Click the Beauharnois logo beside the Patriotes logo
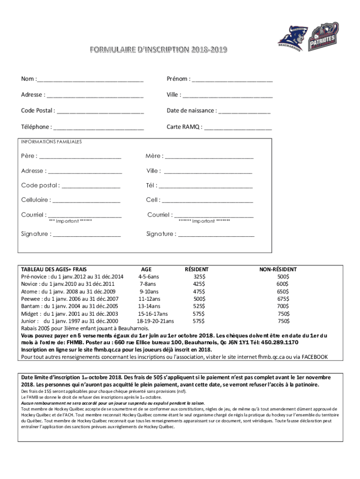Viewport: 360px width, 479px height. (x=291, y=38)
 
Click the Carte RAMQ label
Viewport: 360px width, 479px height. (x=185, y=127)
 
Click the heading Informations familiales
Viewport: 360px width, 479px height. (x=51, y=141)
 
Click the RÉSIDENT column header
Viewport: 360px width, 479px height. (x=197, y=269)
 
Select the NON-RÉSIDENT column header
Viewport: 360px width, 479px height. (x=278, y=269)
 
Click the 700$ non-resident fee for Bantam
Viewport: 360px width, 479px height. (x=283, y=306)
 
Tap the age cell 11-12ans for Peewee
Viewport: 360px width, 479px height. (x=149, y=299)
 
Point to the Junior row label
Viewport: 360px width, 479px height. (x=29, y=321)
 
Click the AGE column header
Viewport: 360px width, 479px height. (x=146, y=269)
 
